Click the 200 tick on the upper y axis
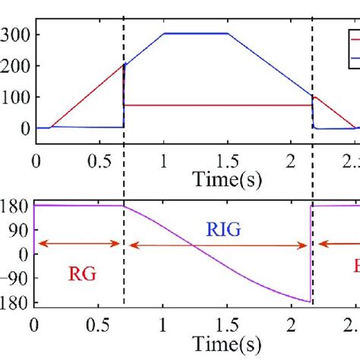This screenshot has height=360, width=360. [15, 66]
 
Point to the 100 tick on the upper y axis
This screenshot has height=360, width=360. [15, 97]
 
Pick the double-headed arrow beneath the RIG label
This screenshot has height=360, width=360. [217, 245]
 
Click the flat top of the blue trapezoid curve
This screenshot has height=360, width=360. [195, 33]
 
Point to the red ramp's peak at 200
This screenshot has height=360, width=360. [122, 66]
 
